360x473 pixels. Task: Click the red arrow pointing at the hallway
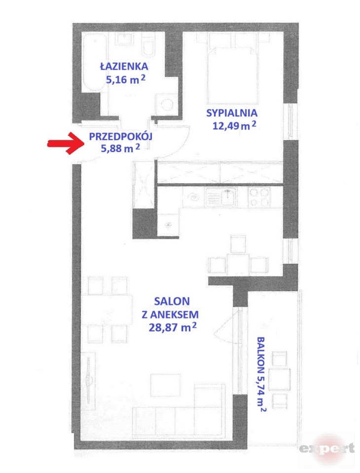tap(66, 143)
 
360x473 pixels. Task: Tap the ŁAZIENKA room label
tap(124, 66)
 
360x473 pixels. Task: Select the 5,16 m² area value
tap(125, 79)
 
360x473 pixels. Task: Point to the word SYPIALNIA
tap(232, 113)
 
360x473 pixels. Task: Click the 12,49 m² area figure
tap(234, 125)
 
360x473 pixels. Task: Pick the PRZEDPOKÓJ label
tap(120, 136)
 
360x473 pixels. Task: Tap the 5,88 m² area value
tap(120, 148)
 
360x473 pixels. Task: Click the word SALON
tap(172, 301)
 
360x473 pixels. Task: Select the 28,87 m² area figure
tap(173, 327)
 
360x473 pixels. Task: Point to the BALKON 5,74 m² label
tap(261, 374)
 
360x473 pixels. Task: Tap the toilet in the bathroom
tap(148, 45)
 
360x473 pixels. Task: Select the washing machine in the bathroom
tap(167, 104)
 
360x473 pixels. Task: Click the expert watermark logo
tap(327, 448)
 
